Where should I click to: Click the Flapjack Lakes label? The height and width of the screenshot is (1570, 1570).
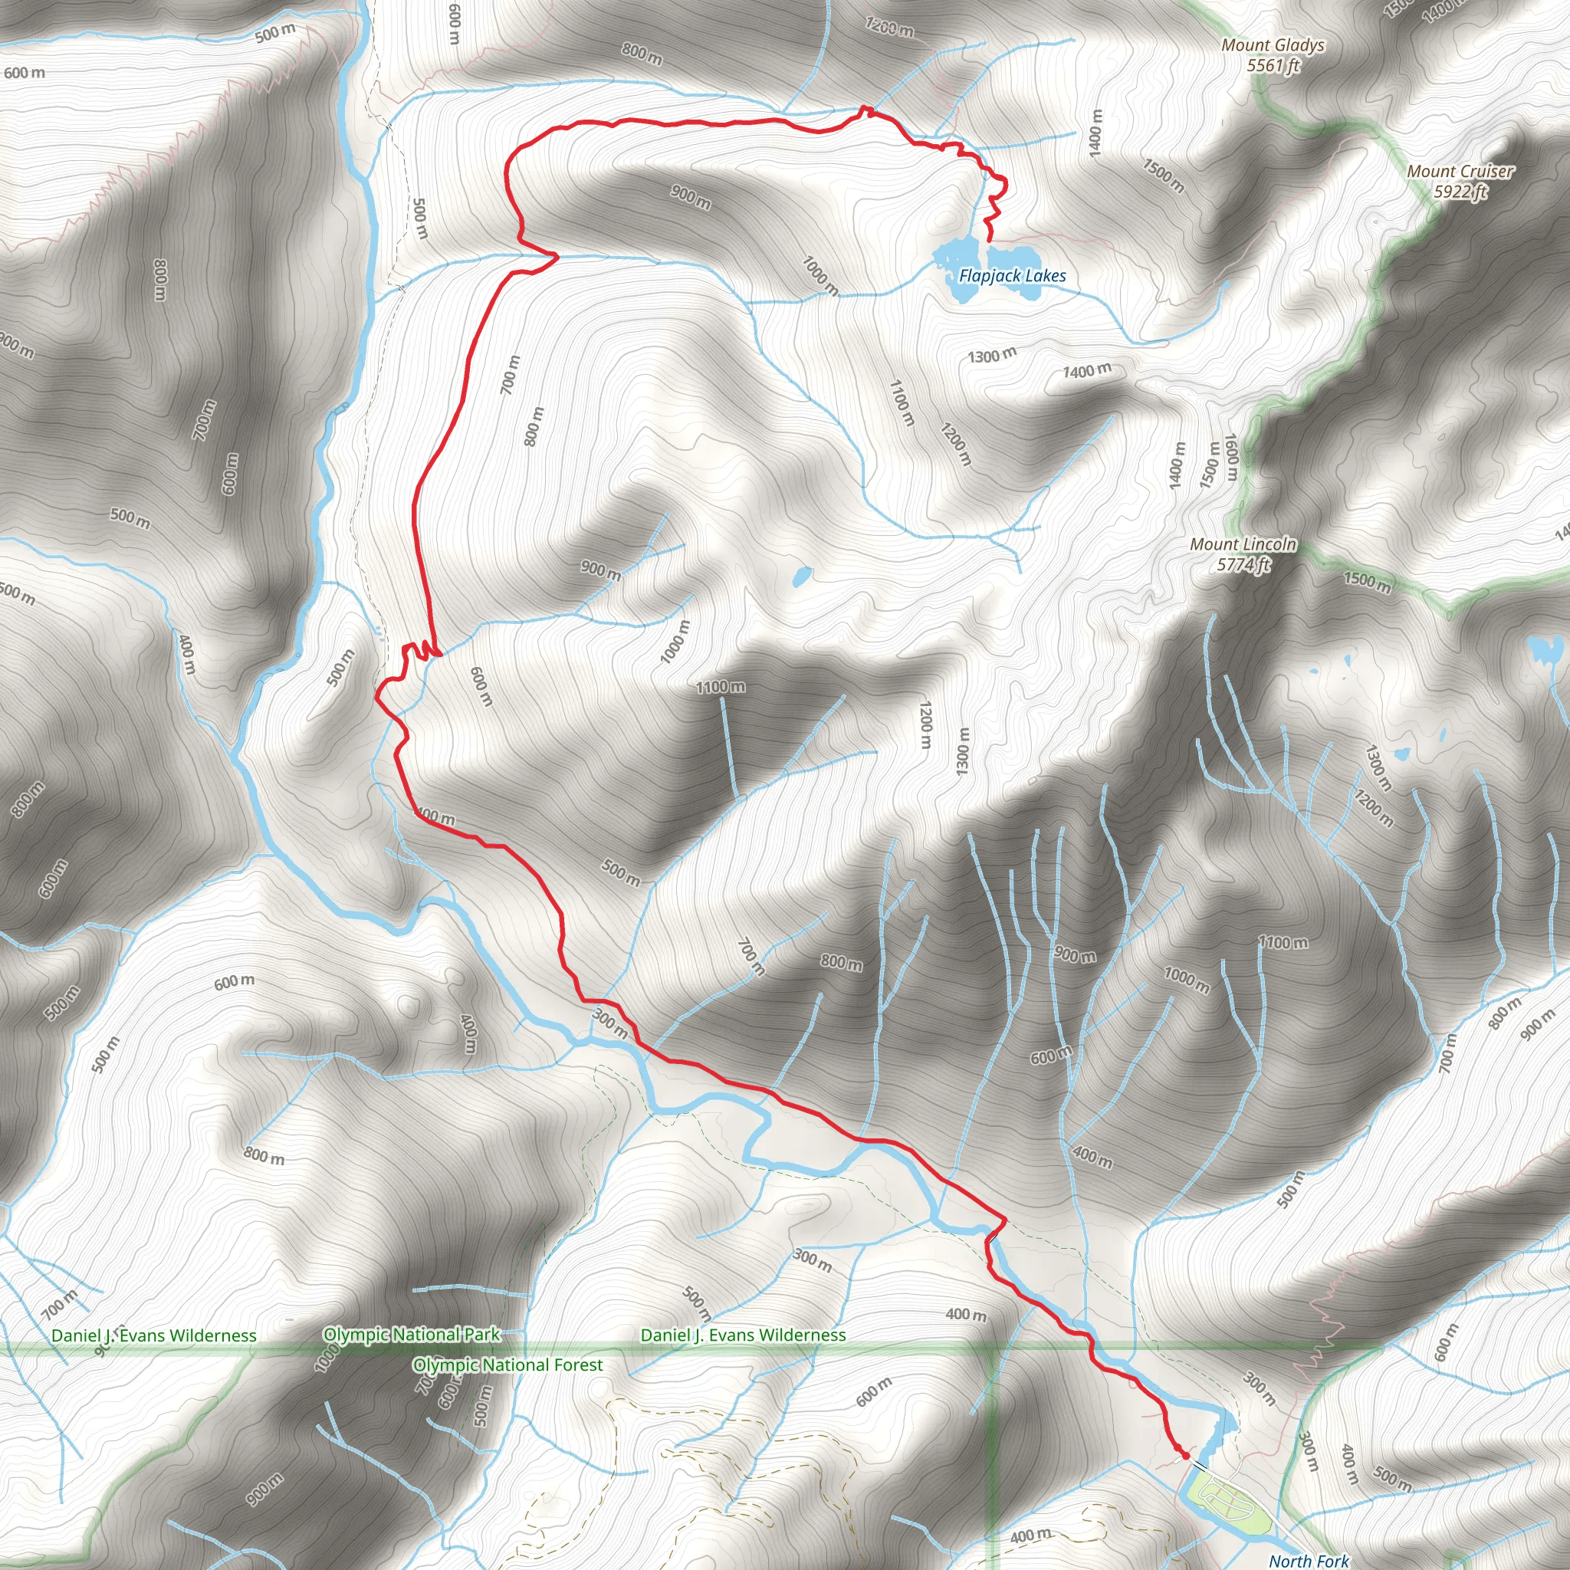point(1012,276)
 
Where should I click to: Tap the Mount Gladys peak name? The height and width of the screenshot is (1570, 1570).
point(1273,45)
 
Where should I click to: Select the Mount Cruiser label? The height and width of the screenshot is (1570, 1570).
point(1460,172)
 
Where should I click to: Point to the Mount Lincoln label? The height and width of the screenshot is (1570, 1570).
point(1243,544)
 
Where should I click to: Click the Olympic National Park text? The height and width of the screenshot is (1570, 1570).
point(411,1335)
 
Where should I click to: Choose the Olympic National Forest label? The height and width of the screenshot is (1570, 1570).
point(508,1365)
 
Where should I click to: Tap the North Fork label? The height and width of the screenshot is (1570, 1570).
point(1309,1560)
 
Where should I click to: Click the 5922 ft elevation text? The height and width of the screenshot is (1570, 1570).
point(1460,192)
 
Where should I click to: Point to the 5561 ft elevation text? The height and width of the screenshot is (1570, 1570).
point(1273,66)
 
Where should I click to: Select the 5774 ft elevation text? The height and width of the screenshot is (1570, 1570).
point(1243,565)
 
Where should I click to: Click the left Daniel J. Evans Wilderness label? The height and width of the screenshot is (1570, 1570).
point(153,1335)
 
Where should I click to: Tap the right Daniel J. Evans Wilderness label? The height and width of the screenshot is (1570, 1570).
point(743,1335)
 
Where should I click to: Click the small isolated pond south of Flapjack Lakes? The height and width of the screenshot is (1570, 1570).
point(801,576)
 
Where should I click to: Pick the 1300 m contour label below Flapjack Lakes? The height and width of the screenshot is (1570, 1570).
point(991,356)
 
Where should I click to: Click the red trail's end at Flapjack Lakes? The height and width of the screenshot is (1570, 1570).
point(988,241)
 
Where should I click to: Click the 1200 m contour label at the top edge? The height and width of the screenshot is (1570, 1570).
point(889,28)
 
